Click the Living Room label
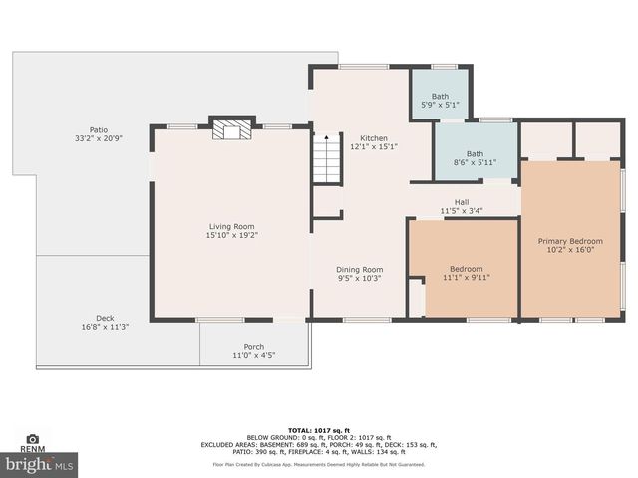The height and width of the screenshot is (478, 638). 231,226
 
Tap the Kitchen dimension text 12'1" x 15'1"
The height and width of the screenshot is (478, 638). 374,147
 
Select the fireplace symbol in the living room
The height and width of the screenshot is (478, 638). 230,130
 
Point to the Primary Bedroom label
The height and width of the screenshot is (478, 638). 570,241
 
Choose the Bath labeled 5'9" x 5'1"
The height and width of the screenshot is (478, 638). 440,96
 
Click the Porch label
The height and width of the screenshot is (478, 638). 254,346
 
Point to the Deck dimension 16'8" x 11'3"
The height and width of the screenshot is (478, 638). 105,327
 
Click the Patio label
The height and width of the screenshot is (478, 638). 98,129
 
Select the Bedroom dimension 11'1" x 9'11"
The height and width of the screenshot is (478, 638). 466,278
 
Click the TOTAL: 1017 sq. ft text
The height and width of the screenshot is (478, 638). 319,427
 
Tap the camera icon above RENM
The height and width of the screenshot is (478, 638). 32,438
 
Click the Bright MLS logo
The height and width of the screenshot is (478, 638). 39,464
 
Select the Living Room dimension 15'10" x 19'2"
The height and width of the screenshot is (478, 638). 231,236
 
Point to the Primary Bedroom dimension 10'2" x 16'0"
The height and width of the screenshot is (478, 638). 570,251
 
